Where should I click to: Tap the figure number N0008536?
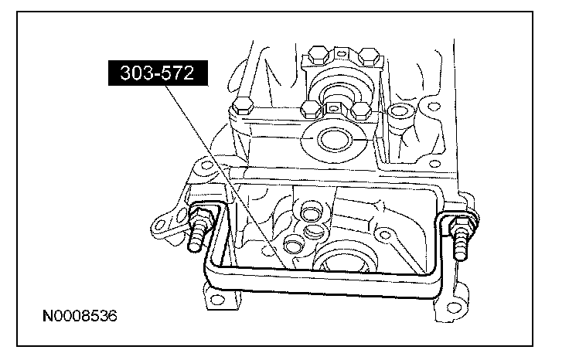click(81, 317)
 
